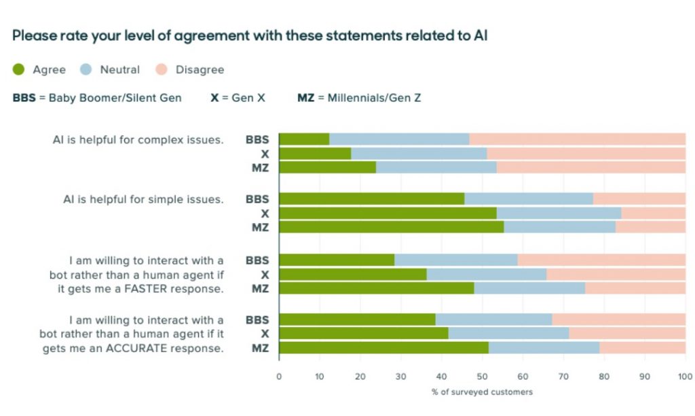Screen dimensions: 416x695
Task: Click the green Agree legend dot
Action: (x=19, y=69)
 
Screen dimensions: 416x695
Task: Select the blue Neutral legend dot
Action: (x=86, y=69)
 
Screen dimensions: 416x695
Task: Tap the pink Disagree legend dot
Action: (x=162, y=69)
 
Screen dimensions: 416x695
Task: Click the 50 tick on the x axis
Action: (x=482, y=376)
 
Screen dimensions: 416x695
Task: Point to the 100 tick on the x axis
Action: (x=684, y=376)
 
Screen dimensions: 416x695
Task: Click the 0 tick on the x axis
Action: (x=279, y=376)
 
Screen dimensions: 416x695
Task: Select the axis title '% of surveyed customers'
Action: (x=482, y=392)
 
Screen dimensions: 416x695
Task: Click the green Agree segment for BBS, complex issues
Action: (x=304, y=139)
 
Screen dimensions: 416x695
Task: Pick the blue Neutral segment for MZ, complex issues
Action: (x=436, y=167)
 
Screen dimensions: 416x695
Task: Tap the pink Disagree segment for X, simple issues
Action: (x=653, y=213)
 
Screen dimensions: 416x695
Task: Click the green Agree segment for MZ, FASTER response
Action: (x=376, y=288)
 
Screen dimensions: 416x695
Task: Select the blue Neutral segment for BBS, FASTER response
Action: (x=455, y=260)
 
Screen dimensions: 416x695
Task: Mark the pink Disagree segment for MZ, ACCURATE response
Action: (x=642, y=348)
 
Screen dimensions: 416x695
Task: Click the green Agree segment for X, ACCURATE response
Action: (x=364, y=334)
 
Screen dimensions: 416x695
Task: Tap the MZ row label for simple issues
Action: (x=261, y=227)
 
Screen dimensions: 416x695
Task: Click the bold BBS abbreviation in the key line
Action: (x=24, y=98)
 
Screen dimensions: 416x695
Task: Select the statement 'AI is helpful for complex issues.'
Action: (x=138, y=140)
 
